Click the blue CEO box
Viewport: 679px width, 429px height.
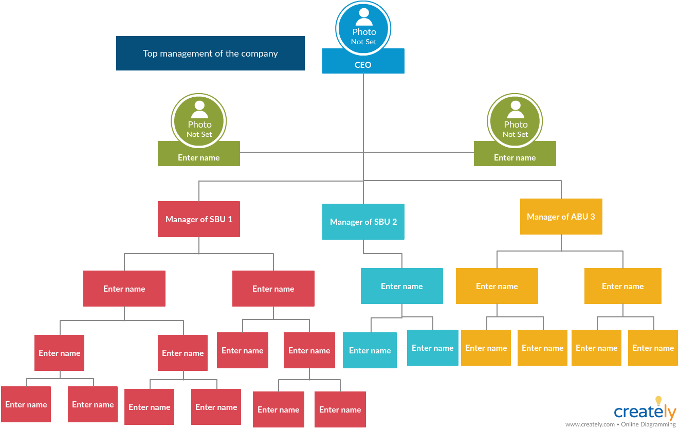click(x=363, y=64)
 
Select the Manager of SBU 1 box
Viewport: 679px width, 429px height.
click(x=199, y=219)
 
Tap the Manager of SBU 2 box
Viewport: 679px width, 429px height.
click(x=363, y=222)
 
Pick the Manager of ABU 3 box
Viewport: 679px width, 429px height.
click(x=561, y=217)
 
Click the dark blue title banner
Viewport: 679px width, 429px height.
click(x=210, y=53)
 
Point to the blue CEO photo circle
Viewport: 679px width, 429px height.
click(x=363, y=28)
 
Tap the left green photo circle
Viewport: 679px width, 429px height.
click(x=199, y=121)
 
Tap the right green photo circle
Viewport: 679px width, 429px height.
click(x=515, y=121)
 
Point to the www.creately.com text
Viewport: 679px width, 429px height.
click(x=590, y=424)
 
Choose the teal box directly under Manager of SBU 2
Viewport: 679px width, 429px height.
click(x=402, y=286)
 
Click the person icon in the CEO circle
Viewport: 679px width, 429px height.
click(x=364, y=17)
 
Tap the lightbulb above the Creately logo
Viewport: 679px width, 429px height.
click(x=658, y=401)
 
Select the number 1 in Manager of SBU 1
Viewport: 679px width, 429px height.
click(x=230, y=219)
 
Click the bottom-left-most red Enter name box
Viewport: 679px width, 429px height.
click(x=26, y=404)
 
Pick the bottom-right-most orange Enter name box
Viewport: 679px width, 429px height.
click(x=653, y=348)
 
